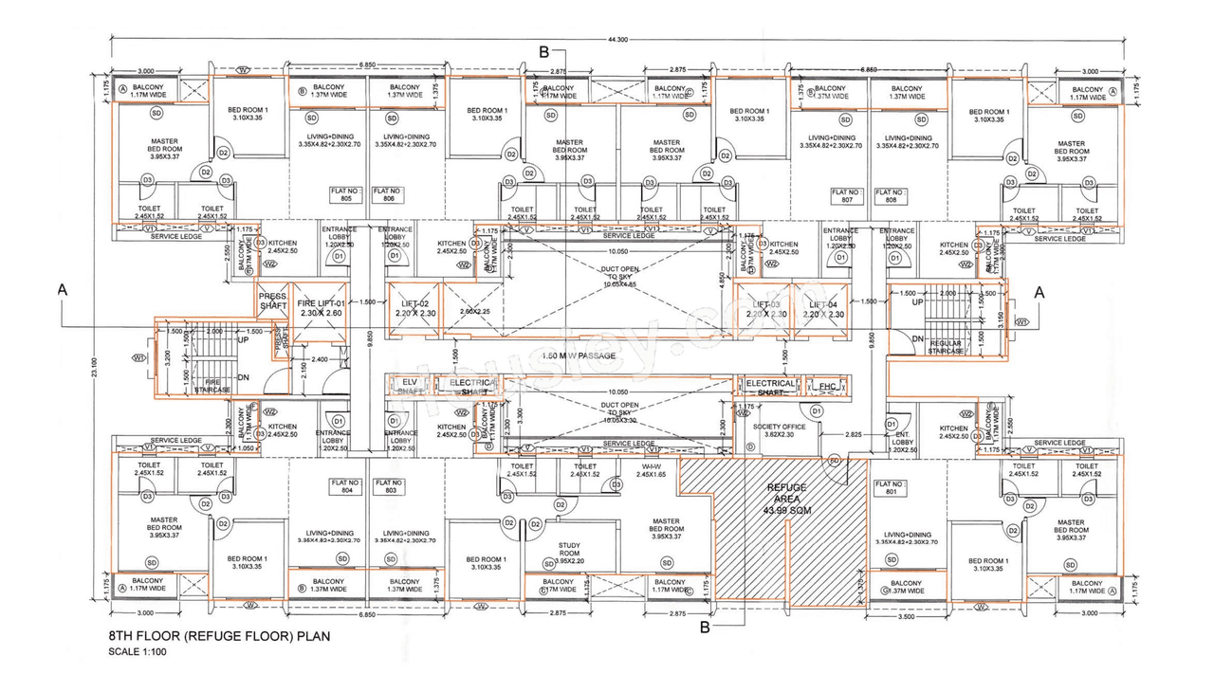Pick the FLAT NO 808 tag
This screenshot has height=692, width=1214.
point(891,195)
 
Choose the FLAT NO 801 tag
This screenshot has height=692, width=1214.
point(890,488)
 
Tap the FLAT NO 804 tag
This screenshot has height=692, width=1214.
point(346,486)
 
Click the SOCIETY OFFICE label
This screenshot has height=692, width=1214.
point(778,430)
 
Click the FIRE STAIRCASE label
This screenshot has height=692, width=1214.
point(212,385)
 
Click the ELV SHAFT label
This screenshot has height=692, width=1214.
point(410,385)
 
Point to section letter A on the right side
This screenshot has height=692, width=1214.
point(1039,294)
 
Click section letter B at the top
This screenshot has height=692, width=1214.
point(543,52)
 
